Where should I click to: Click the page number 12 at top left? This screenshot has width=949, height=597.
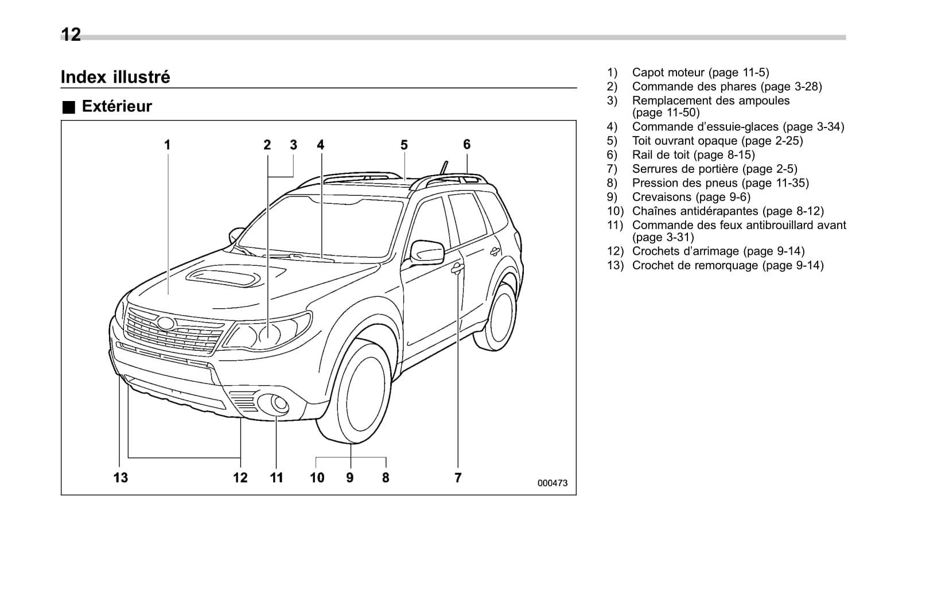(x=71, y=35)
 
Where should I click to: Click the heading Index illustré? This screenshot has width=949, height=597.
(x=115, y=77)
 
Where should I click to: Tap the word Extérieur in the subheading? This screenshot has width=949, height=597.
(x=116, y=106)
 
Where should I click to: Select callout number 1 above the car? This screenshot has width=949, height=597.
(x=167, y=145)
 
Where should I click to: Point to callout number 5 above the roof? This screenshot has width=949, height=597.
(x=404, y=145)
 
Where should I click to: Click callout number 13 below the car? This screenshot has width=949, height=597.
(x=120, y=477)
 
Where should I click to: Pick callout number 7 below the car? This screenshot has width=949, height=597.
(x=458, y=477)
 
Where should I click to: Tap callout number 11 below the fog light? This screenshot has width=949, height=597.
(x=277, y=477)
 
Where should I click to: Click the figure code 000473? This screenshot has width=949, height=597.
(x=552, y=483)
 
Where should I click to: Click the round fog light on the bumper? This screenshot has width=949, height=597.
(x=279, y=404)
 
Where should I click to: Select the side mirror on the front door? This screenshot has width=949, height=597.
(x=427, y=253)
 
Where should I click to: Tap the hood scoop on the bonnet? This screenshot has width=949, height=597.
(x=223, y=277)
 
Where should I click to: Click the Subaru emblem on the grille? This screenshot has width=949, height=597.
(x=166, y=323)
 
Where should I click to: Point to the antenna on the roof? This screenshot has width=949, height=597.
(x=442, y=167)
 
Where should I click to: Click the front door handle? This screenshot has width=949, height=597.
(x=457, y=268)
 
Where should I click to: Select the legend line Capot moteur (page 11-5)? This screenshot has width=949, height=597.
(x=700, y=72)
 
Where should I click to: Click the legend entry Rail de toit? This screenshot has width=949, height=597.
(x=693, y=154)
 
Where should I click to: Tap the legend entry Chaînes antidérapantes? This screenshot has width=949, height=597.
(x=728, y=211)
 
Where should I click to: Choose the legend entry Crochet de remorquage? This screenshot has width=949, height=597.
(x=728, y=265)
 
